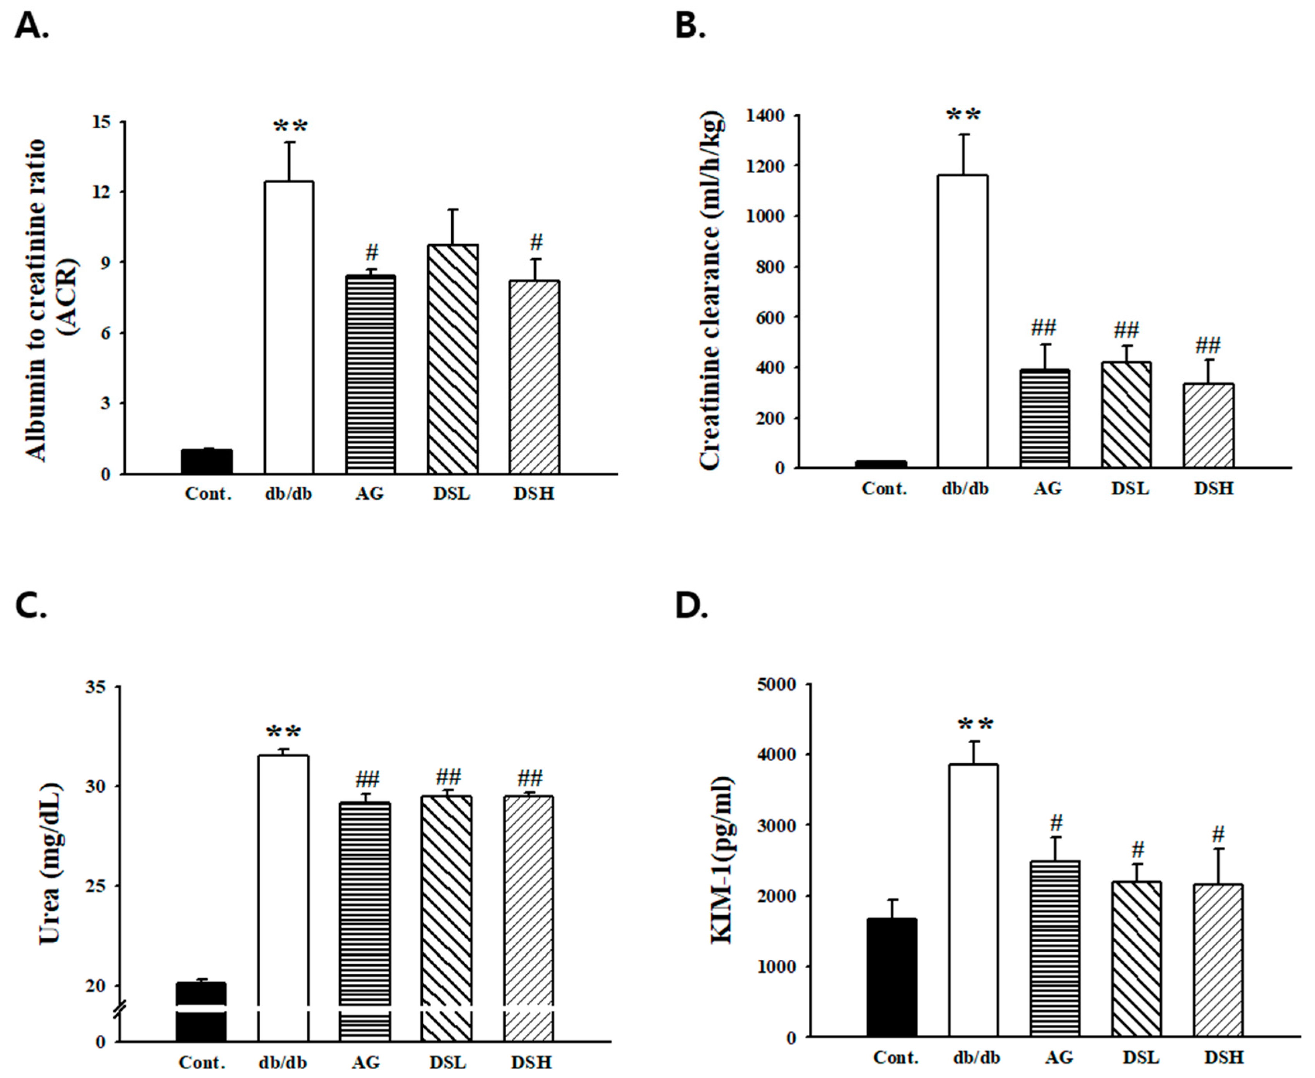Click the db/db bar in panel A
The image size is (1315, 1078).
[289, 327]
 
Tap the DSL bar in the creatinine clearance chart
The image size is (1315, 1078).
[1126, 414]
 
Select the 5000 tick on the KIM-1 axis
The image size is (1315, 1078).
[777, 684]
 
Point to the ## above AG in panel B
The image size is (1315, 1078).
[1043, 327]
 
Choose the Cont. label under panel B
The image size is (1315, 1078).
[884, 489]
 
